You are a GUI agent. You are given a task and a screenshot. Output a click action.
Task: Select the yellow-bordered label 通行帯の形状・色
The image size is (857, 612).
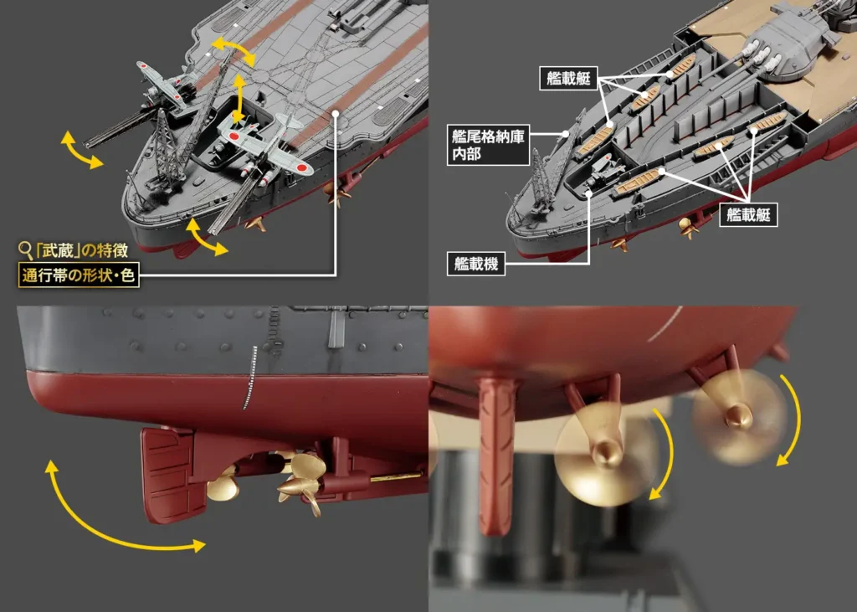(78, 274)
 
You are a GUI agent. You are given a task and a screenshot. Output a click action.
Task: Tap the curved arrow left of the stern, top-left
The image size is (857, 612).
(81, 150)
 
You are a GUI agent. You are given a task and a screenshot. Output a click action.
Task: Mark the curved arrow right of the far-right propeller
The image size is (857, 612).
(790, 419)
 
